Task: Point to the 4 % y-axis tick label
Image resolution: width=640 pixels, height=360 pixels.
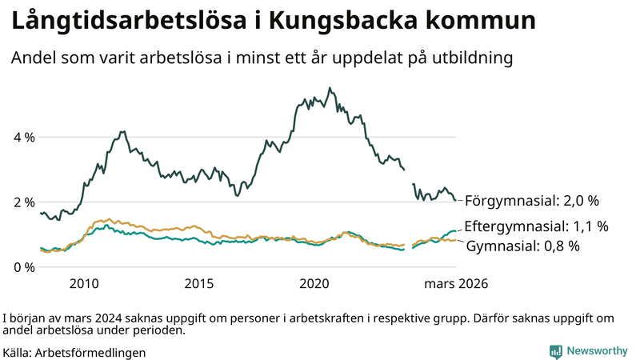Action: (24, 137)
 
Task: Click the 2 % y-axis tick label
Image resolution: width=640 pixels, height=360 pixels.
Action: (24, 202)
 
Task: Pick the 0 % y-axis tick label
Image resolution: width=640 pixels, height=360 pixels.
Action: (24, 266)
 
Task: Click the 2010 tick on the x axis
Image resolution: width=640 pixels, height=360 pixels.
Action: (84, 284)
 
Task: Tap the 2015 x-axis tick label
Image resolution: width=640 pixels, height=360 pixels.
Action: (199, 284)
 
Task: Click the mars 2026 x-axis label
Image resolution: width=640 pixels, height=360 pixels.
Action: (456, 284)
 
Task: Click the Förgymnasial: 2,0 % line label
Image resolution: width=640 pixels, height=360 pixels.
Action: (532, 200)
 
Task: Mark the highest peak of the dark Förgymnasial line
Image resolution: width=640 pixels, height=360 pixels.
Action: (330, 88)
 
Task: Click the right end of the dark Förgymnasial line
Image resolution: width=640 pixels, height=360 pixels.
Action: (455, 200)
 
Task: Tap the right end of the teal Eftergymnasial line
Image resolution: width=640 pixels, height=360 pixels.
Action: (455, 231)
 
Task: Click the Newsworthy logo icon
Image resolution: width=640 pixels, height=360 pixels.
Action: (555, 351)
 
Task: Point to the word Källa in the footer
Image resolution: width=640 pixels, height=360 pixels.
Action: (17, 352)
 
